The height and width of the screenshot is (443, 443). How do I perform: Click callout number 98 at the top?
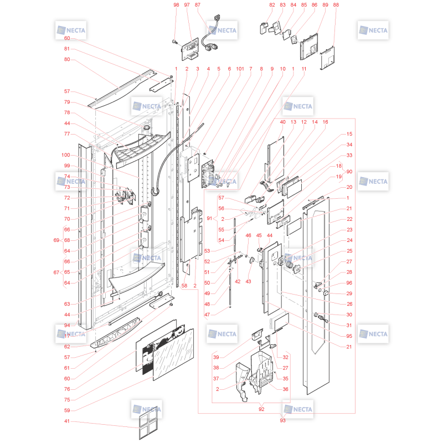point(176,5)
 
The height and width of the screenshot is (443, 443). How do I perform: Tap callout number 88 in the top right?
point(336,5)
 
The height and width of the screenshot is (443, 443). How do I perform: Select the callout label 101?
point(240,69)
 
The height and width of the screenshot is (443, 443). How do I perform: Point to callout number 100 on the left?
point(65,155)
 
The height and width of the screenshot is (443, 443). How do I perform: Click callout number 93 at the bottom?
point(282,420)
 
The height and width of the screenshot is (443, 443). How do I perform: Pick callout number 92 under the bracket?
point(261,409)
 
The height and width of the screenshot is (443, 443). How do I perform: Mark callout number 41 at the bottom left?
point(67,421)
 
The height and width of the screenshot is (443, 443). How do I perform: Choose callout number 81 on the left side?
point(67,49)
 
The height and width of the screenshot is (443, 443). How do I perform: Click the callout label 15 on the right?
point(349,134)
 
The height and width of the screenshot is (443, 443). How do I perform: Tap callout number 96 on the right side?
point(349,283)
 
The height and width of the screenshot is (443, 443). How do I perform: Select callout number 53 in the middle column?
point(207,251)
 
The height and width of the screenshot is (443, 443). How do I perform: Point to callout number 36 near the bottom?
point(285,389)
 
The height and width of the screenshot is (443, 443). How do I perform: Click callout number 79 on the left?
point(67,102)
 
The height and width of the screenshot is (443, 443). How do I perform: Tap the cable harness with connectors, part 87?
point(210,38)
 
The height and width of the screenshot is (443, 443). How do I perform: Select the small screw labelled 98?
point(174,42)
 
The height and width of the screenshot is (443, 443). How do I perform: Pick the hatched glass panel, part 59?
point(173,354)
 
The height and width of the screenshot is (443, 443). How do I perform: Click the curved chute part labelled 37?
point(243,381)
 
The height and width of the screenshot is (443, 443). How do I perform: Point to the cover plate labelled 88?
point(327,58)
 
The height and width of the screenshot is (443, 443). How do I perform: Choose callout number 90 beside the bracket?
point(349,172)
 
